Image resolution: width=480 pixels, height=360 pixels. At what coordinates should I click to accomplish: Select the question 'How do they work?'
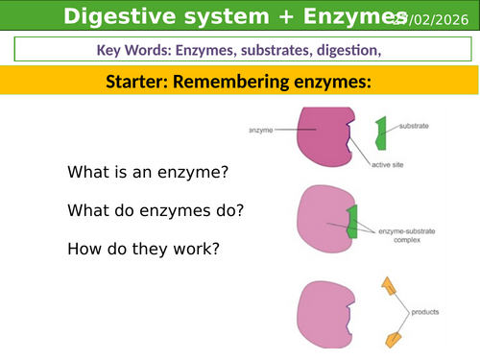tap(143, 249)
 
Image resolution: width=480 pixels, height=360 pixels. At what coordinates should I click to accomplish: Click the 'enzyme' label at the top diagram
tap(261, 128)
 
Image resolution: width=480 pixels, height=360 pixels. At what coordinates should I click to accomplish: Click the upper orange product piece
tap(389, 286)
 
